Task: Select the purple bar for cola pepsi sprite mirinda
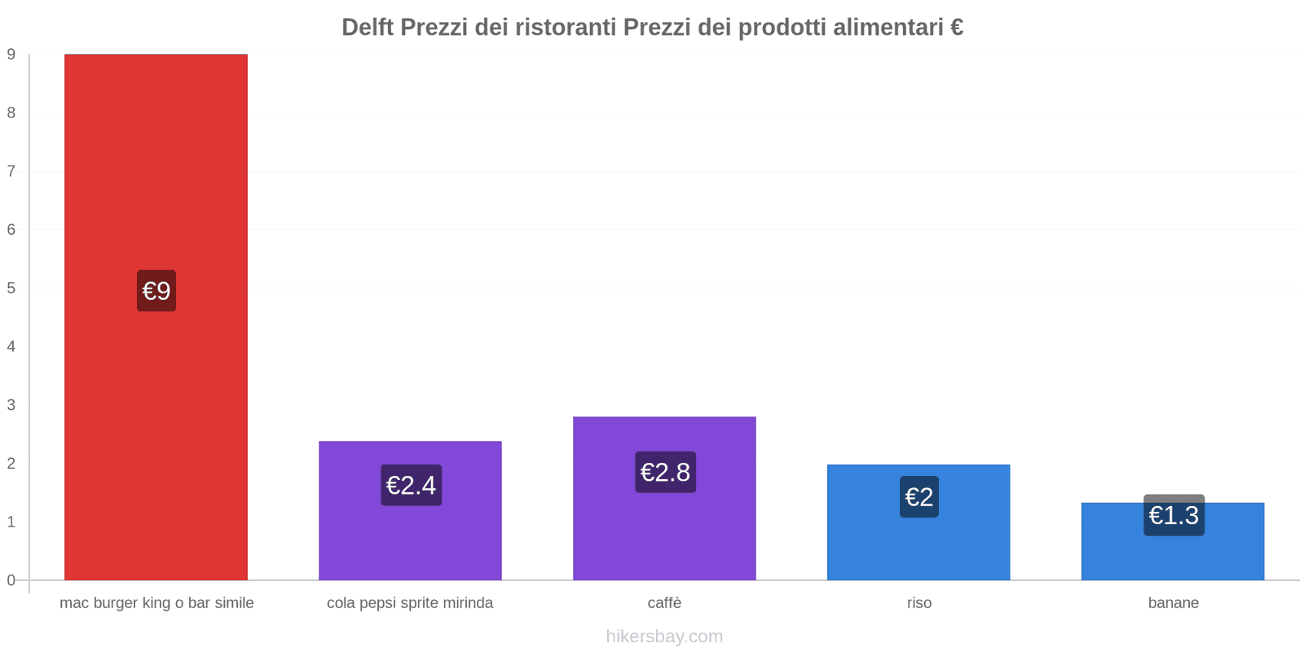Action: click(x=410, y=538)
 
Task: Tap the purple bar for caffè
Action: click(x=664, y=530)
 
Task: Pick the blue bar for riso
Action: click(x=919, y=546)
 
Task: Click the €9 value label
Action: click(x=156, y=291)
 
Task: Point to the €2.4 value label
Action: click(x=411, y=485)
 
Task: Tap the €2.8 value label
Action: click(x=665, y=472)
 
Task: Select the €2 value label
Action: click(x=919, y=496)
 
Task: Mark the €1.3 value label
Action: click(x=1174, y=516)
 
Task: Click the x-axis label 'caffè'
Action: click(x=664, y=603)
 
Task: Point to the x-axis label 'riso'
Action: click(x=919, y=603)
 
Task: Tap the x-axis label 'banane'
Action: click(x=1173, y=603)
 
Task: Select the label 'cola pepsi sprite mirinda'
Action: click(x=410, y=603)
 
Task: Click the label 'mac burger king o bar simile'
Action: click(x=156, y=603)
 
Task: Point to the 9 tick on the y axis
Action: click(x=11, y=55)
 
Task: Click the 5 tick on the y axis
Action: click(x=11, y=288)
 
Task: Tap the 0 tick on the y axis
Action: click(x=11, y=580)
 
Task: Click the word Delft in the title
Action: click(x=368, y=28)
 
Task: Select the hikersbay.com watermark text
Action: click(x=664, y=637)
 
